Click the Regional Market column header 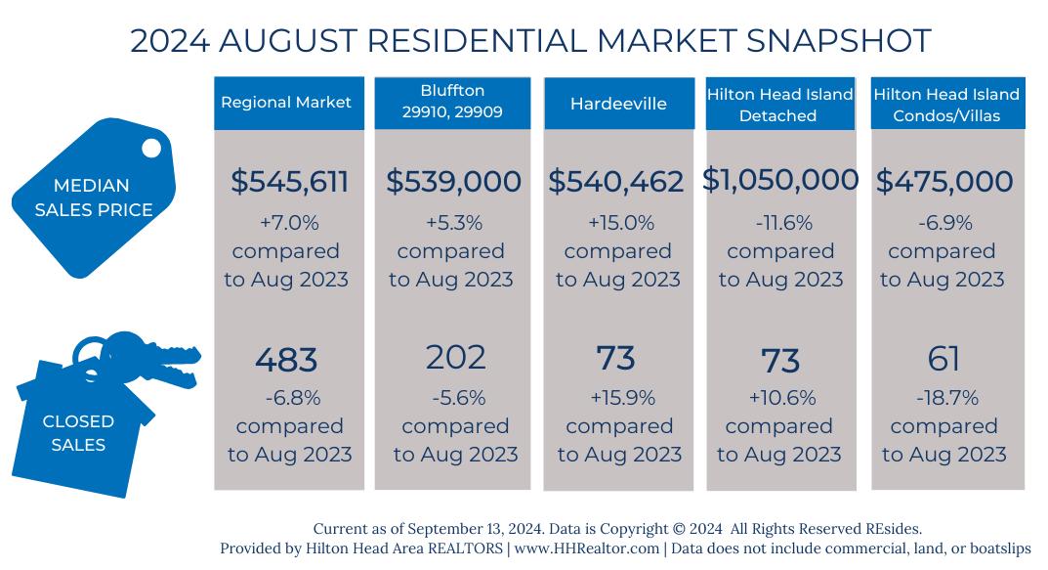tap(286, 103)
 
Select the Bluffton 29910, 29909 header tap(451, 102)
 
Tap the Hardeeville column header tap(617, 103)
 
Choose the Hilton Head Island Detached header tap(779, 105)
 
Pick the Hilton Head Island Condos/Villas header tap(945, 105)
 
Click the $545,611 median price tap(289, 181)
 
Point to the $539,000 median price tap(453, 181)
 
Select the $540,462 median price tap(617, 181)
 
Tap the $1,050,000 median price tap(780, 180)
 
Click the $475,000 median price tap(943, 181)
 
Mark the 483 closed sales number tap(286, 360)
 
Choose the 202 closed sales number tap(455, 357)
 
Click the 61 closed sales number tap(944, 359)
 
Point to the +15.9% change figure tap(619, 398)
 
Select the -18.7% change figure tap(944, 398)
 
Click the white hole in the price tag tap(151, 149)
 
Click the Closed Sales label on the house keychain tap(78, 433)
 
